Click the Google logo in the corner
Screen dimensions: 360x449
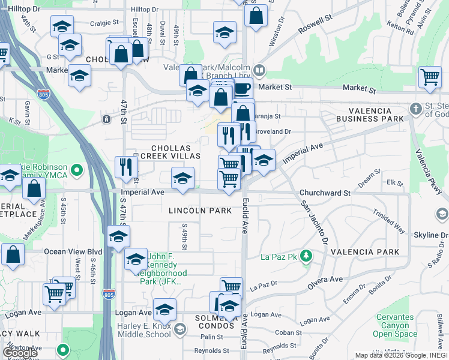point(19,352)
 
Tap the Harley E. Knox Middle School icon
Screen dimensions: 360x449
point(179,329)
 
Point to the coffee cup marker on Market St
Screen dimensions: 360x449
point(242,89)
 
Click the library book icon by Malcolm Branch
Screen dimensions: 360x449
point(259,71)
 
